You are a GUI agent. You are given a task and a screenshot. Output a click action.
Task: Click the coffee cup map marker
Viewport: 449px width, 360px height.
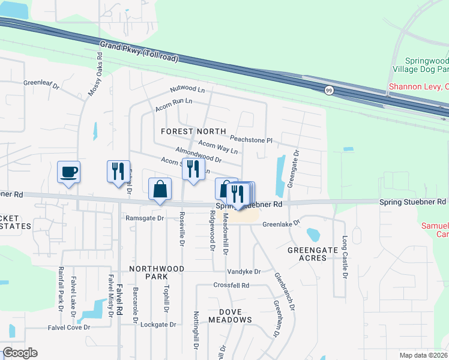[x=69, y=172]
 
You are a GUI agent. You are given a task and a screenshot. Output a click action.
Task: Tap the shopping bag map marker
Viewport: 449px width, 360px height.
[x=160, y=190]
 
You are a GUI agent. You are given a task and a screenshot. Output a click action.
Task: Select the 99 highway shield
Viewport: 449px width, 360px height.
[x=329, y=91]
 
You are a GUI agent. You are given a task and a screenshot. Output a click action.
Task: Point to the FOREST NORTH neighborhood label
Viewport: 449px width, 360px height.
[x=193, y=131]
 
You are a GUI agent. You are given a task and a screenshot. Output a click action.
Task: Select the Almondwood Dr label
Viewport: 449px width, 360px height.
[x=199, y=155]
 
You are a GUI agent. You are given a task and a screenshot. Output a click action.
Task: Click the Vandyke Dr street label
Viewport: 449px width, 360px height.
[x=244, y=272]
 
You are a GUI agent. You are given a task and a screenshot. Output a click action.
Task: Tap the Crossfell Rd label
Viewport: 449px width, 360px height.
[x=231, y=286]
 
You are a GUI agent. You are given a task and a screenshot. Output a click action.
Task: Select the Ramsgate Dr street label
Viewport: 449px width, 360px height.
[x=144, y=218]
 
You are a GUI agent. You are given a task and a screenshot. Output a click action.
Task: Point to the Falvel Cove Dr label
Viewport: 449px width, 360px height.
[x=69, y=328]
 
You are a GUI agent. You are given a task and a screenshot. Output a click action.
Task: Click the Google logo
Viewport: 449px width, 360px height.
[x=20, y=353]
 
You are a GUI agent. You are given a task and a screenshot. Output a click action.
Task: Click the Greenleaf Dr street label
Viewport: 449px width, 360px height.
[x=42, y=85]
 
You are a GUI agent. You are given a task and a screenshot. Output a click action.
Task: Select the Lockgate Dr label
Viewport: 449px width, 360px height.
[x=158, y=325]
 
